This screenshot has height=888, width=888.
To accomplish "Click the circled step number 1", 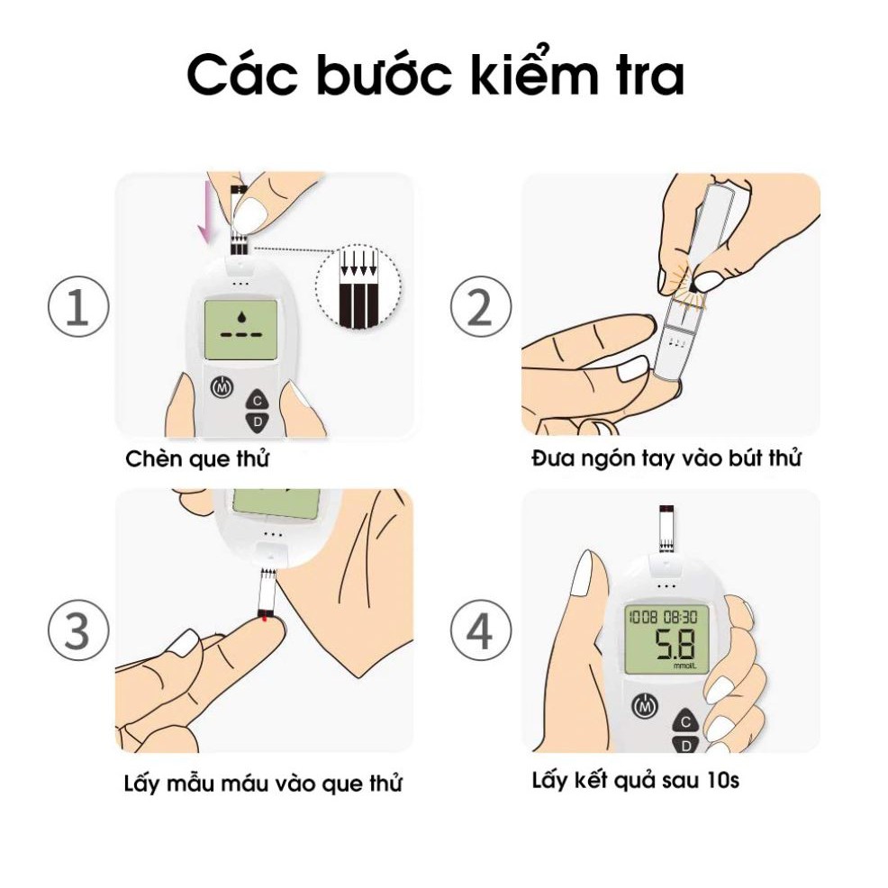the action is [78, 306].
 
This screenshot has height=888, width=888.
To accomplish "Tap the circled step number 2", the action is [481, 306].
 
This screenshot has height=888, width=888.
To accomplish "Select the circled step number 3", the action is [78, 630].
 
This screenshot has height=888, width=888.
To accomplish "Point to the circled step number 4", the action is [481, 630].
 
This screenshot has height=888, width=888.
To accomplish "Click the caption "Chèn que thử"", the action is [197, 458].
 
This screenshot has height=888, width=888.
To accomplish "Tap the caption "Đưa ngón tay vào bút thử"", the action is [666, 458].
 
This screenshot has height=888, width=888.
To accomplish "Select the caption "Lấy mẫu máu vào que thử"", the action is [263, 784].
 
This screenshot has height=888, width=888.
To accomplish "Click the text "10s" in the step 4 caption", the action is [723, 781].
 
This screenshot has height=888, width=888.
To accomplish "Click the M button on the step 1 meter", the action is [222, 387].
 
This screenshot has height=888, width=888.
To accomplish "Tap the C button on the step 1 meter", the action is [257, 401].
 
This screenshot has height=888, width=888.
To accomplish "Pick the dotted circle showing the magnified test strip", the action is [358, 286].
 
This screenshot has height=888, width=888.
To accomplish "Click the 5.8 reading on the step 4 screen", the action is [675, 645].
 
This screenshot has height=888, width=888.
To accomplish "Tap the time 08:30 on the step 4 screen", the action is [680, 617].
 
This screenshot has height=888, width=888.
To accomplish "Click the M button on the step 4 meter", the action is [645, 706].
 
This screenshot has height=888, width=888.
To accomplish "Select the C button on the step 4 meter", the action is [685, 721].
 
